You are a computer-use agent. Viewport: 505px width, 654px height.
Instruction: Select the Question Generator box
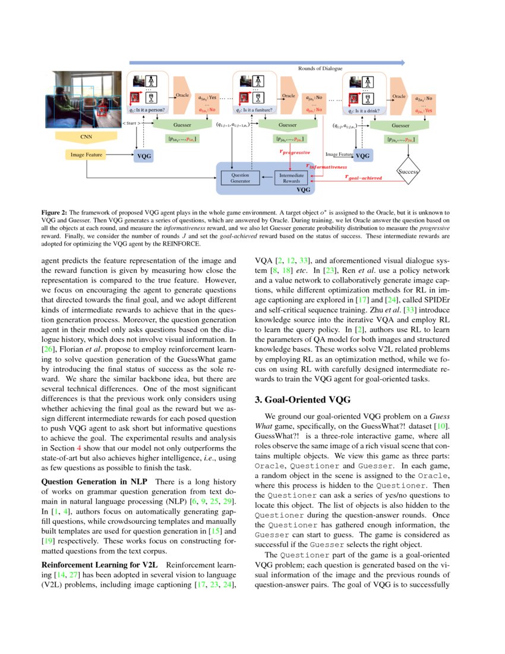tap(241, 177)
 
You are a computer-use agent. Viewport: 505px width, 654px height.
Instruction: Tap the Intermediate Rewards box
tap(292, 177)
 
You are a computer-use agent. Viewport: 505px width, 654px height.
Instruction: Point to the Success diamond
tap(409, 171)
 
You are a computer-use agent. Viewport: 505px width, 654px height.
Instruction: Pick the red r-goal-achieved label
tap(364, 178)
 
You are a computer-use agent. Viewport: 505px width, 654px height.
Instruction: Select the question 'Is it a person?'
tap(148, 110)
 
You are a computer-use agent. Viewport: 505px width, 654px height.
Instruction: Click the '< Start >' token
tap(131, 124)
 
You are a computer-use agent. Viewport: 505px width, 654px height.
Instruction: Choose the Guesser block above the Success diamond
tap(400, 125)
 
